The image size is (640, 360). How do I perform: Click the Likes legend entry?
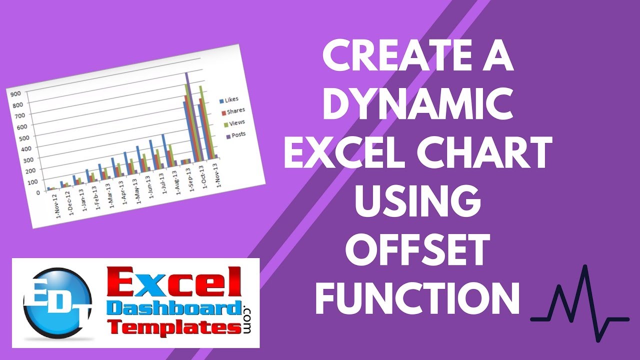tap(228, 100)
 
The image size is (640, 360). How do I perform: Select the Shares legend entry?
tap(233, 111)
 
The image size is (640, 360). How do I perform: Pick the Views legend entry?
tap(234, 123)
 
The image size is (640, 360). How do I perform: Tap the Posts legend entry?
tap(235, 135)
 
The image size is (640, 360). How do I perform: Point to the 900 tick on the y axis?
tap(15, 94)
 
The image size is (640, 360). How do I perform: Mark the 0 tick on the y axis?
tap(38, 193)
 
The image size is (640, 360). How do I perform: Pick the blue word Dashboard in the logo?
tap(175, 309)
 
